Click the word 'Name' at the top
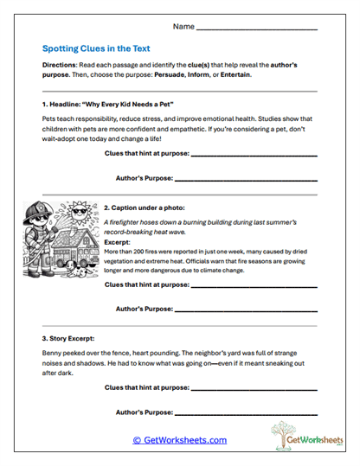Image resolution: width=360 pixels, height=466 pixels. click(x=183, y=27)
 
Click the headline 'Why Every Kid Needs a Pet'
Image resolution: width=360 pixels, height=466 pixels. click(x=122, y=104)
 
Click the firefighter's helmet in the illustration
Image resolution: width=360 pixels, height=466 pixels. click(x=41, y=211)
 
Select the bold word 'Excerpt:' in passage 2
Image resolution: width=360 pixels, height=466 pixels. click(x=118, y=243)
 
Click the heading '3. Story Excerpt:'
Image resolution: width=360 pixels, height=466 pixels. click(x=73, y=339)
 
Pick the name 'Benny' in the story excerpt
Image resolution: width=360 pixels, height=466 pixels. click(x=53, y=354)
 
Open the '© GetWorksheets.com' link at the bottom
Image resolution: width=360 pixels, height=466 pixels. click(x=179, y=440)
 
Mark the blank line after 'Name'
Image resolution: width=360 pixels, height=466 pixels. click(x=257, y=29)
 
